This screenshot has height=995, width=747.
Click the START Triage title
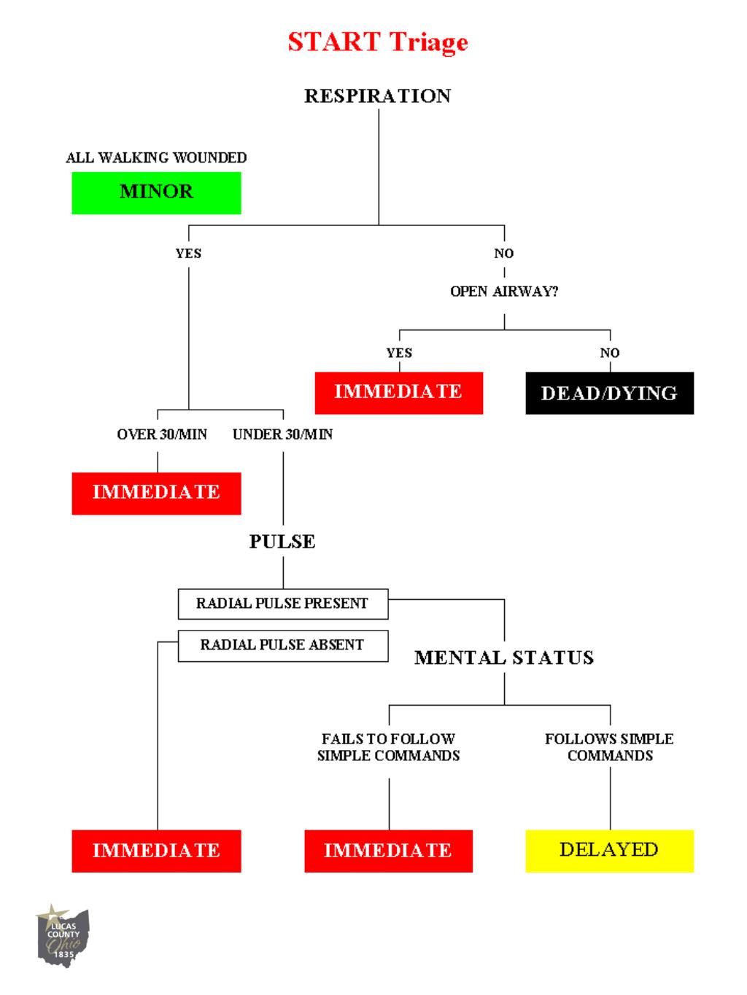(x=377, y=42)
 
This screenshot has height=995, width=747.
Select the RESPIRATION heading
(x=377, y=95)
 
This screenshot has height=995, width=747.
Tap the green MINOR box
(x=156, y=192)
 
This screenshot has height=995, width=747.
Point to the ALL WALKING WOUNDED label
(x=156, y=157)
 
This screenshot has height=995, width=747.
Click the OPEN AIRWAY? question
(x=504, y=292)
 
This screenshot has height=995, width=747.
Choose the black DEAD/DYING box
(x=609, y=393)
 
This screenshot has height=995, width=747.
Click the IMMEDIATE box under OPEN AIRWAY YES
(x=398, y=392)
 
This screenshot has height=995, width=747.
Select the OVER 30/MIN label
(x=162, y=434)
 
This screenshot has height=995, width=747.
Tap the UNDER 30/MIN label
(x=282, y=434)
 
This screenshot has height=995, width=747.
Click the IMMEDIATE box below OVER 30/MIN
(x=156, y=493)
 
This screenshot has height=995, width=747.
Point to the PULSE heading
(x=282, y=542)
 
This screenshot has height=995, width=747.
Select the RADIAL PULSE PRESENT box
(x=282, y=604)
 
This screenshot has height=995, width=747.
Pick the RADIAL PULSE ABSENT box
(x=282, y=645)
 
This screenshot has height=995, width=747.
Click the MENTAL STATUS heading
(x=504, y=658)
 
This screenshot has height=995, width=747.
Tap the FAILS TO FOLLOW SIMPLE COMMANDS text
(x=388, y=747)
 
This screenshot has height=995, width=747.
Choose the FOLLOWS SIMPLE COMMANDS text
(x=609, y=747)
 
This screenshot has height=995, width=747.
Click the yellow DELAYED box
(x=609, y=850)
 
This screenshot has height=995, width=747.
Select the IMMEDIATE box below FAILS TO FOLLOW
(x=388, y=850)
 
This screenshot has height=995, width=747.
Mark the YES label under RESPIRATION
(x=188, y=254)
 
